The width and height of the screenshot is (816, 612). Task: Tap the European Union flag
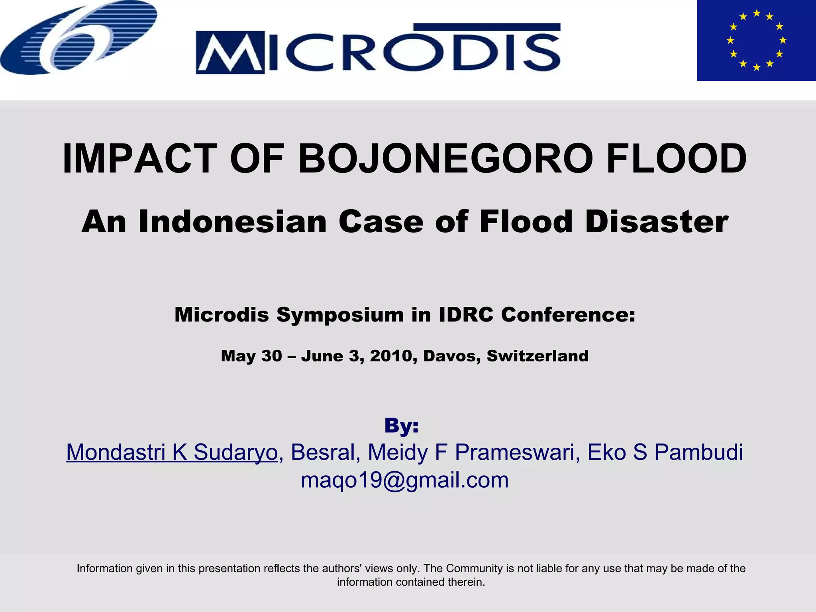pyautogui.click(x=756, y=40)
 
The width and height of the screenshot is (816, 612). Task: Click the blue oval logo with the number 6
pyautogui.click(x=78, y=37)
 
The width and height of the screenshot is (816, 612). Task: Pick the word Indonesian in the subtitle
pyautogui.click(x=232, y=222)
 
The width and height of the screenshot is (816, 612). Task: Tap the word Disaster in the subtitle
pyautogui.click(x=657, y=222)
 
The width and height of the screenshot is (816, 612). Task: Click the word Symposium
pyautogui.click(x=340, y=315)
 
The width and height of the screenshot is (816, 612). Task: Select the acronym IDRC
pyautogui.click(x=466, y=315)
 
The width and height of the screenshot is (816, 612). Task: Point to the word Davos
pyautogui.click(x=449, y=356)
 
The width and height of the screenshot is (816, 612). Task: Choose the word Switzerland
pyautogui.click(x=537, y=356)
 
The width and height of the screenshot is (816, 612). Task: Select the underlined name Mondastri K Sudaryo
pyautogui.click(x=172, y=452)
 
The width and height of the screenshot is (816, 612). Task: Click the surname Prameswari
pyautogui.click(x=518, y=452)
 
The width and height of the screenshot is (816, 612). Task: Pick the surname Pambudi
pyautogui.click(x=698, y=452)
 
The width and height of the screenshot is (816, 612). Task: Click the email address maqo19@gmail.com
pyautogui.click(x=404, y=480)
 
